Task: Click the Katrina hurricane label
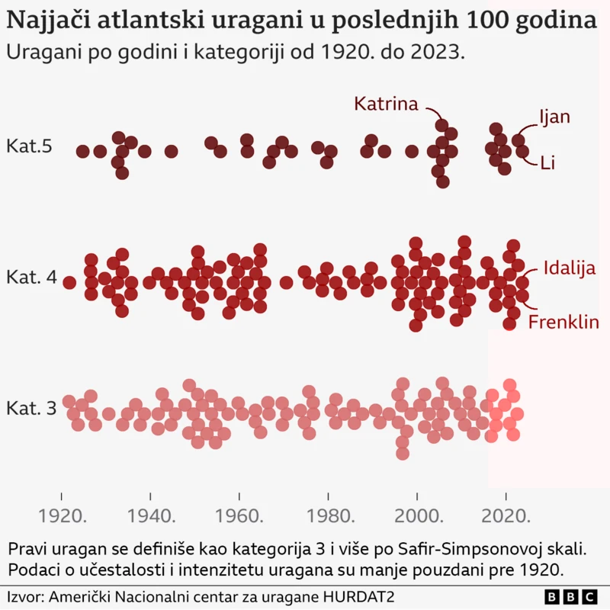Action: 386,104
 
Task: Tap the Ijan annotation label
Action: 554,117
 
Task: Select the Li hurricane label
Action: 547,162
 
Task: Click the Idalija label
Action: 569,267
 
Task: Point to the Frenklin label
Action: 563,322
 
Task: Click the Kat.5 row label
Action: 29,146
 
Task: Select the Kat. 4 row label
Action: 31,278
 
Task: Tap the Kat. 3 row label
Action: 31,409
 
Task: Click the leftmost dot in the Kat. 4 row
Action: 69,283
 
